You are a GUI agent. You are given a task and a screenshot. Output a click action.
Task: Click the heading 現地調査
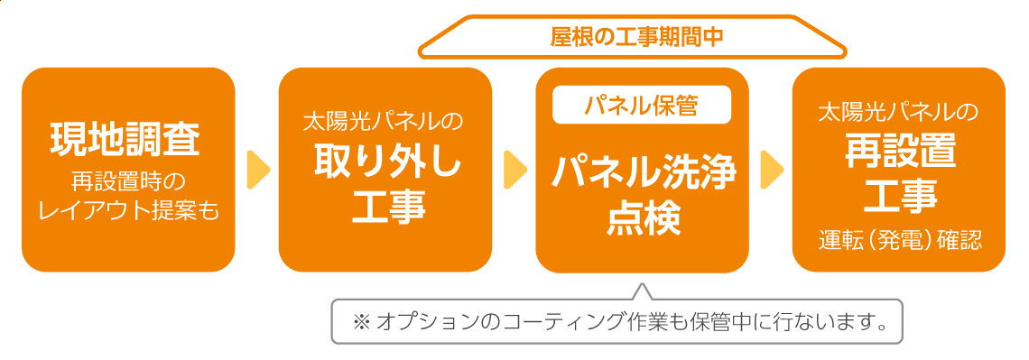pyautogui.click(x=128, y=141)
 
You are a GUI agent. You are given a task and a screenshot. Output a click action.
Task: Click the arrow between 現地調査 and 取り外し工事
pyautogui.click(x=258, y=169)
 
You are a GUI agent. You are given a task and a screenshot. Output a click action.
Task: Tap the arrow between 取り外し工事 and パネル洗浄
pyautogui.click(x=515, y=169)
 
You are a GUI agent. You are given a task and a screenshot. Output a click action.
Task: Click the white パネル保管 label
pyautogui.click(x=642, y=106)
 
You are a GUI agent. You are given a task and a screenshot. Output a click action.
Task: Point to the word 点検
pyautogui.click(x=642, y=217)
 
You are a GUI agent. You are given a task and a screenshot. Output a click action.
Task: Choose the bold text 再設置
pyautogui.click(x=899, y=152)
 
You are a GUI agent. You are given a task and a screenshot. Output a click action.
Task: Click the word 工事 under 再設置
pyautogui.click(x=899, y=194)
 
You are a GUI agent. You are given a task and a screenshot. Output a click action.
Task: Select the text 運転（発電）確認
pyautogui.click(x=899, y=241)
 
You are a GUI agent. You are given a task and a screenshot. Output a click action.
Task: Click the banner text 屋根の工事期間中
pyautogui.click(x=637, y=37)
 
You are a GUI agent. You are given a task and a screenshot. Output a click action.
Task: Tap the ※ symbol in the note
pyautogui.click(x=361, y=321)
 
